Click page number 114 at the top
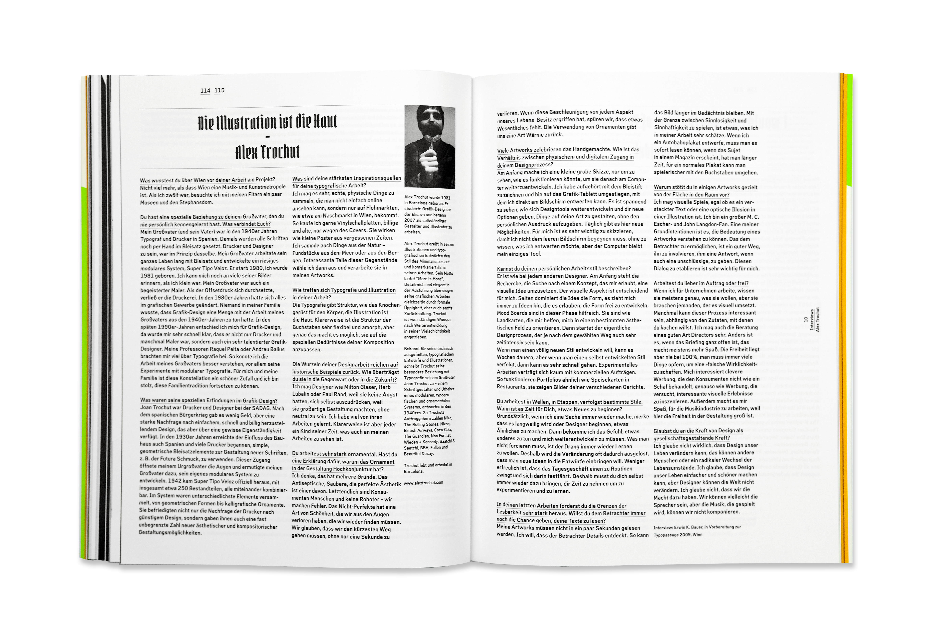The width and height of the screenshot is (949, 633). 205,90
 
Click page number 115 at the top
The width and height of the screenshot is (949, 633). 220,90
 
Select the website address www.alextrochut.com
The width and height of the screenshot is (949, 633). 423,482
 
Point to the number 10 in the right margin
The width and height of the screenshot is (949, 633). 806,319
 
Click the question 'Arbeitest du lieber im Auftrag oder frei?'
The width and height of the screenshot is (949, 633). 701,283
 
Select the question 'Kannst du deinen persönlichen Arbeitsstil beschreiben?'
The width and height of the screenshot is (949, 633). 564,268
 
